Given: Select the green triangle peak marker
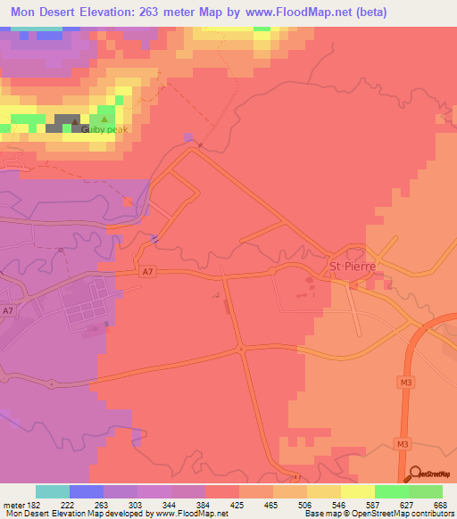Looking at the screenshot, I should (104, 119).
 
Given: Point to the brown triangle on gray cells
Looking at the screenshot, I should (67, 119).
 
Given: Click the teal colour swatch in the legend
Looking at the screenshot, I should (53, 491).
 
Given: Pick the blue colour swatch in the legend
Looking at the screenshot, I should (87, 491).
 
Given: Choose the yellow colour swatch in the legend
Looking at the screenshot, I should (358, 491).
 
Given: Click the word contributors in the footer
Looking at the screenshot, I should (428, 514).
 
